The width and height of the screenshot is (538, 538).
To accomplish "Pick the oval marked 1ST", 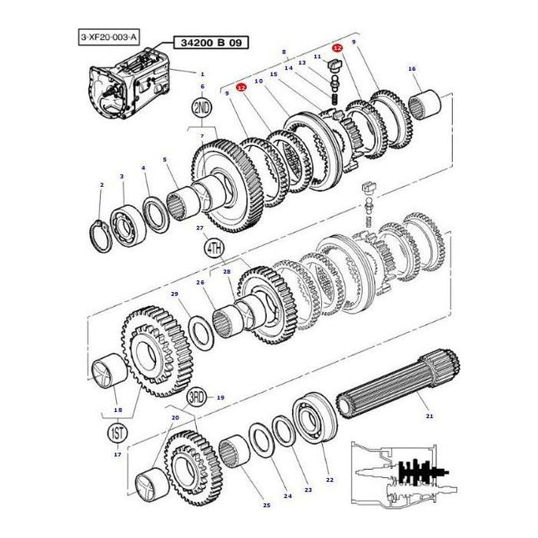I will [x=116, y=433].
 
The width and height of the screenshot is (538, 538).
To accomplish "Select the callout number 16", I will [x=411, y=68].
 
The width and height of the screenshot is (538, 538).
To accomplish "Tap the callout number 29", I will [x=174, y=294].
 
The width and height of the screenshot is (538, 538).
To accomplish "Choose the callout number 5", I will [x=164, y=160].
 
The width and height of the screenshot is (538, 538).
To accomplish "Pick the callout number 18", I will [x=117, y=410].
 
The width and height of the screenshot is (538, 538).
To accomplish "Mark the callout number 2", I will [x=101, y=184].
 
